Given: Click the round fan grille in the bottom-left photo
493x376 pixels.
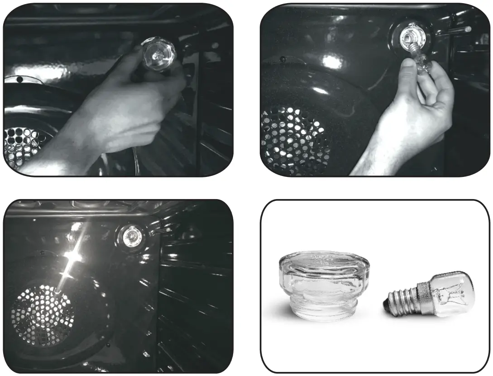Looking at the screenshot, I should click(x=43, y=312).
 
